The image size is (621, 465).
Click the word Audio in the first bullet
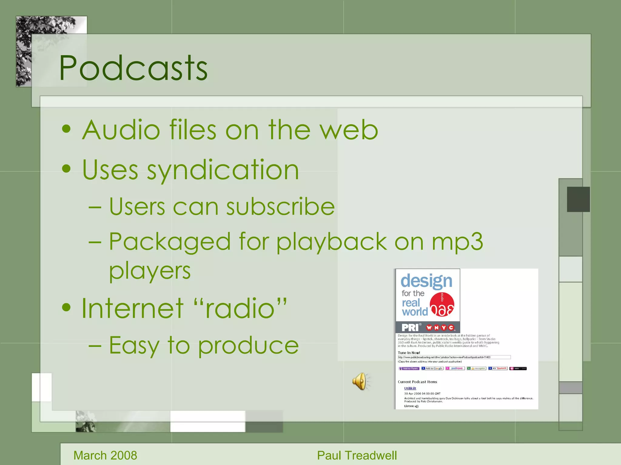tap(121, 130)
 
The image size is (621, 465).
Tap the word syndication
tap(223, 170)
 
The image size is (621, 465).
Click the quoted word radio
tap(240, 308)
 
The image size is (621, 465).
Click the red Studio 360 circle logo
tap(442, 304)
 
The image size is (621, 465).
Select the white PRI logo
tap(410, 328)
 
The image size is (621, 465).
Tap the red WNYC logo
tap(440, 328)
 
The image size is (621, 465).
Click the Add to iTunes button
tap(409, 368)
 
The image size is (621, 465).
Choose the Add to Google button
tap(432, 368)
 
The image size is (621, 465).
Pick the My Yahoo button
tap(498, 368)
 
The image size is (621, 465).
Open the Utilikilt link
tap(410, 388)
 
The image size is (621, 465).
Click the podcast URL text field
tap(454, 357)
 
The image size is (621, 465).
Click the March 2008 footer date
tap(105, 455)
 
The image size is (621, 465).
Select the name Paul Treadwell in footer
tap(357, 455)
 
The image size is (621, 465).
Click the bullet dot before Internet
tap(66, 308)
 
